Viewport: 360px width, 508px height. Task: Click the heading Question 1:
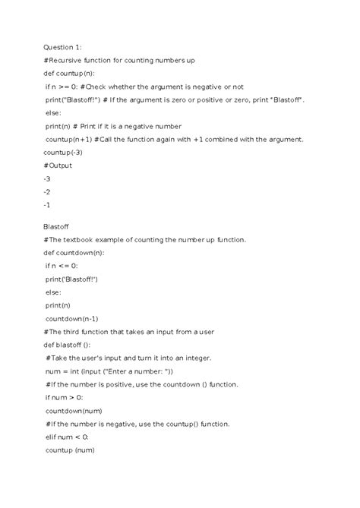tap(65, 47)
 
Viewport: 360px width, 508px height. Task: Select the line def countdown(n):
tap(78, 252)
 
